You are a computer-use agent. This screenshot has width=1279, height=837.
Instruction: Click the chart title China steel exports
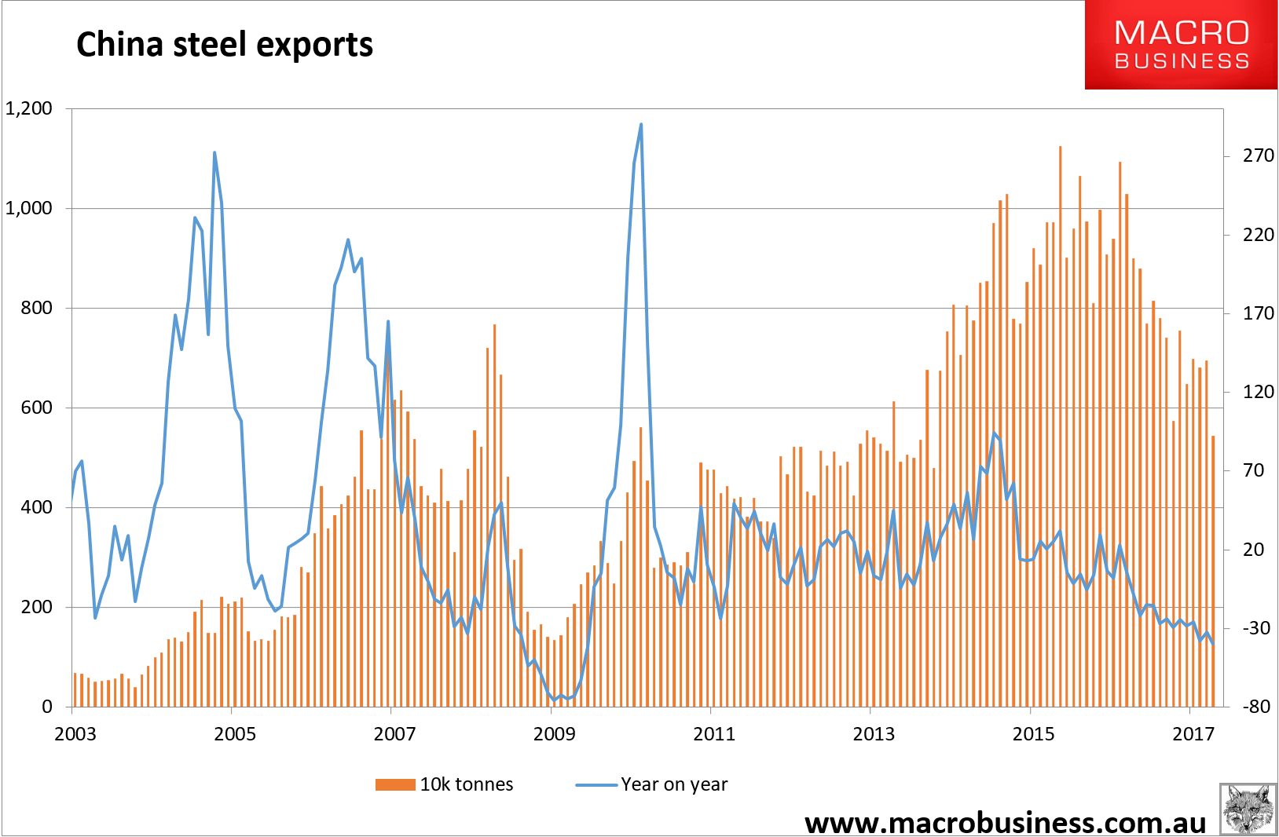(x=225, y=45)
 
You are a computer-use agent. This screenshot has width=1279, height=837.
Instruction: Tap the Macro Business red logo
(x=1181, y=45)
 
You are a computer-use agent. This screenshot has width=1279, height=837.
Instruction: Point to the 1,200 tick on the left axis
(x=29, y=108)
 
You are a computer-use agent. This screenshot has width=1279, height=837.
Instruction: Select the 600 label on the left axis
(x=36, y=408)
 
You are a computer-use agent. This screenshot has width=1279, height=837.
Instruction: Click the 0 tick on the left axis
(x=47, y=707)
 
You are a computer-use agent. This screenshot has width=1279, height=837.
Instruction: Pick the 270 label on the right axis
(x=1258, y=155)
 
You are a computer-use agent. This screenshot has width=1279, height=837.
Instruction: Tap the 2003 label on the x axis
(x=75, y=733)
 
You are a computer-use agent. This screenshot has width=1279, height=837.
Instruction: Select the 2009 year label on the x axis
(x=554, y=733)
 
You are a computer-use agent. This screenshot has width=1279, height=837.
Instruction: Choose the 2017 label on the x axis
(x=1193, y=733)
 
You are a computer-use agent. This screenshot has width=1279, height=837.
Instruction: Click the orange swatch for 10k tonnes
(x=395, y=784)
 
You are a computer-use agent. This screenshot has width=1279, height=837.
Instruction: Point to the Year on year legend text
(x=674, y=784)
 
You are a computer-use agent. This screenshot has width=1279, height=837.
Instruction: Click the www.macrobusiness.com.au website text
(x=1005, y=822)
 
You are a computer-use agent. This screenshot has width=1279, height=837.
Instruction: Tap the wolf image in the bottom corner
(x=1248, y=809)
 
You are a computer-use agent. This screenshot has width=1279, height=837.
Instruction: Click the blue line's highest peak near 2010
(x=641, y=124)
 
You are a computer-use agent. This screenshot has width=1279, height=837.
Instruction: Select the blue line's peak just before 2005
(x=214, y=152)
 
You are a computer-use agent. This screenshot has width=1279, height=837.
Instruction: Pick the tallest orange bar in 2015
(x=1060, y=147)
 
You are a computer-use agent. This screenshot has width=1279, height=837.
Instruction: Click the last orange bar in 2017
(x=1213, y=437)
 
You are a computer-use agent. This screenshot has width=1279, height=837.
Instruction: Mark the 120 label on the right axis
(x=1258, y=391)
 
